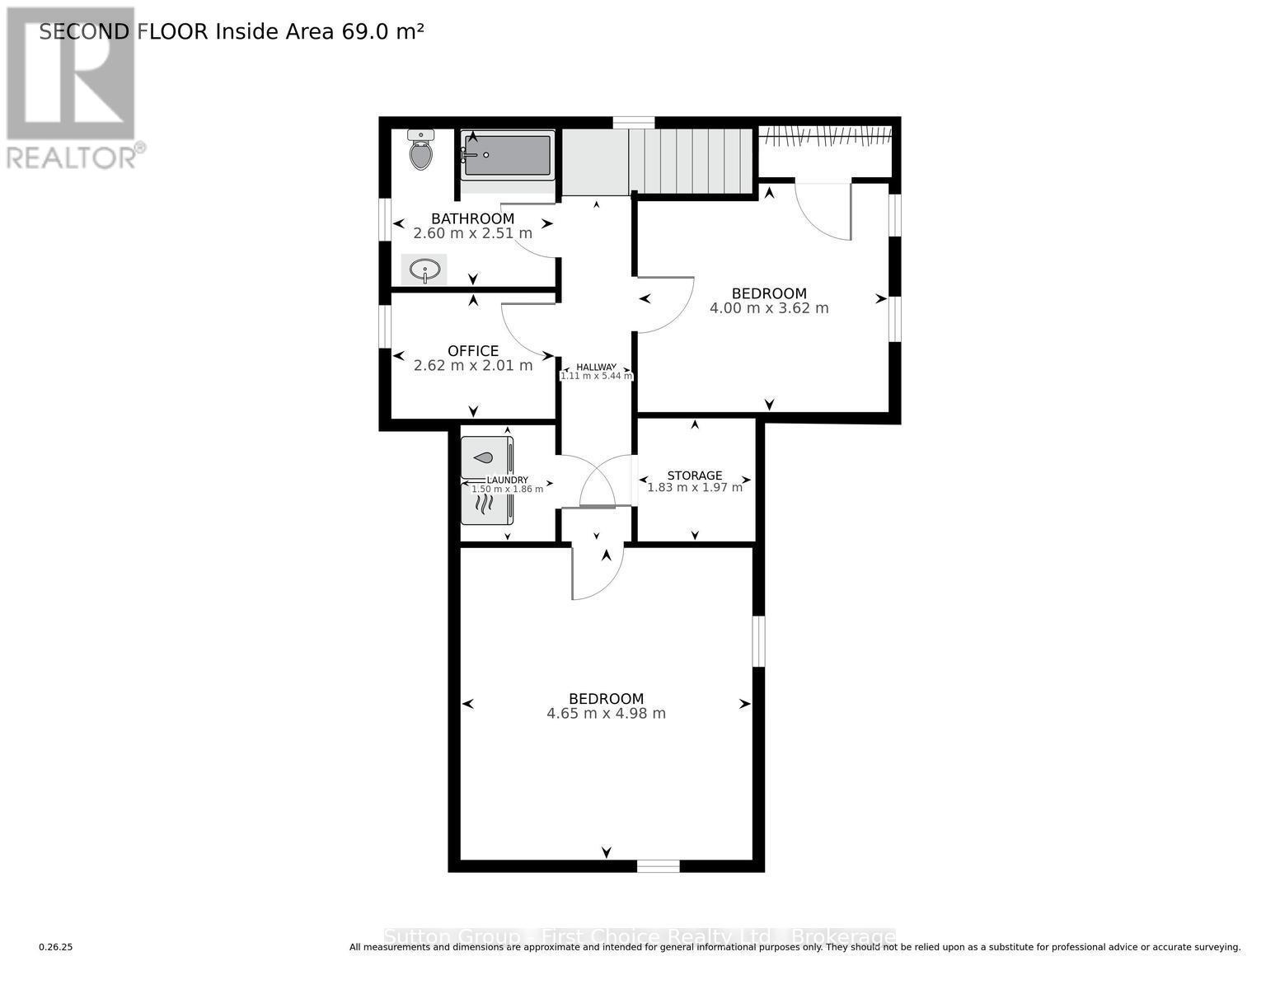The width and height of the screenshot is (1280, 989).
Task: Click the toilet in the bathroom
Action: coord(421,150)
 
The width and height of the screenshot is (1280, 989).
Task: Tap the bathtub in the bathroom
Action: coord(507,155)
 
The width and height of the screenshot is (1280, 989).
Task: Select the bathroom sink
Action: coord(424,270)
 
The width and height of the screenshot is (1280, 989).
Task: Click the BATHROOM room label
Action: coord(472,218)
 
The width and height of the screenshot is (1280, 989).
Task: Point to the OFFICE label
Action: coord(472,351)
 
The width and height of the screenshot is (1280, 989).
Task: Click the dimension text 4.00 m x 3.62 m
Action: coord(768,308)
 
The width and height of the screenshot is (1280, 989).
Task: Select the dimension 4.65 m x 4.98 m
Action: coord(606,714)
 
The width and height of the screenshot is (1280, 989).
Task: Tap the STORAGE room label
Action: coord(694,476)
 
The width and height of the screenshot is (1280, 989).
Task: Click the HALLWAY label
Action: coord(596,368)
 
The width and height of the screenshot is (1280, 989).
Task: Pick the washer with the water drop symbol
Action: coord(485,457)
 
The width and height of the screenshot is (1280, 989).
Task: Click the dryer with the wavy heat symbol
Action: coord(485,504)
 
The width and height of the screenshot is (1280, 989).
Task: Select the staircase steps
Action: coord(691,161)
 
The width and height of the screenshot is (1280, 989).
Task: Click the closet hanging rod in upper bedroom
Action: coord(824,134)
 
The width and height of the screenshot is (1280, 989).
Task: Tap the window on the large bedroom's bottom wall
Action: coord(658,865)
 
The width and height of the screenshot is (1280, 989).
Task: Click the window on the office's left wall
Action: coord(384,326)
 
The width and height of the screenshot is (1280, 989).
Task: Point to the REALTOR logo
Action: coord(72,87)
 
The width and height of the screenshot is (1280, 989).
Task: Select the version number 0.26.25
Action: coord(56,948)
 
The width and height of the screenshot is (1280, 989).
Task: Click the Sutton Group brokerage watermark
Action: coord(640,937)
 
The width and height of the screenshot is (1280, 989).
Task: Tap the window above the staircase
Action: coord(633,123)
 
